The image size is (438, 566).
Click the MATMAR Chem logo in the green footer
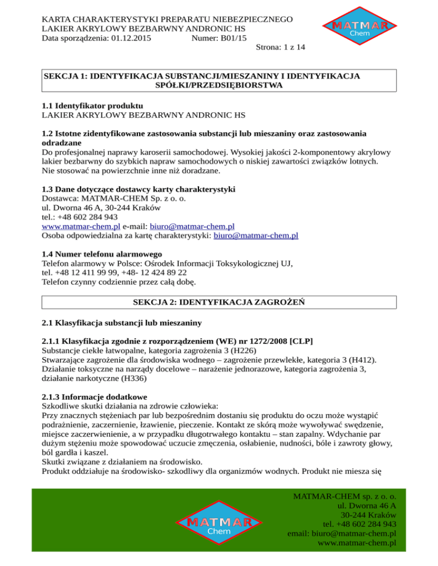(216, 524)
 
